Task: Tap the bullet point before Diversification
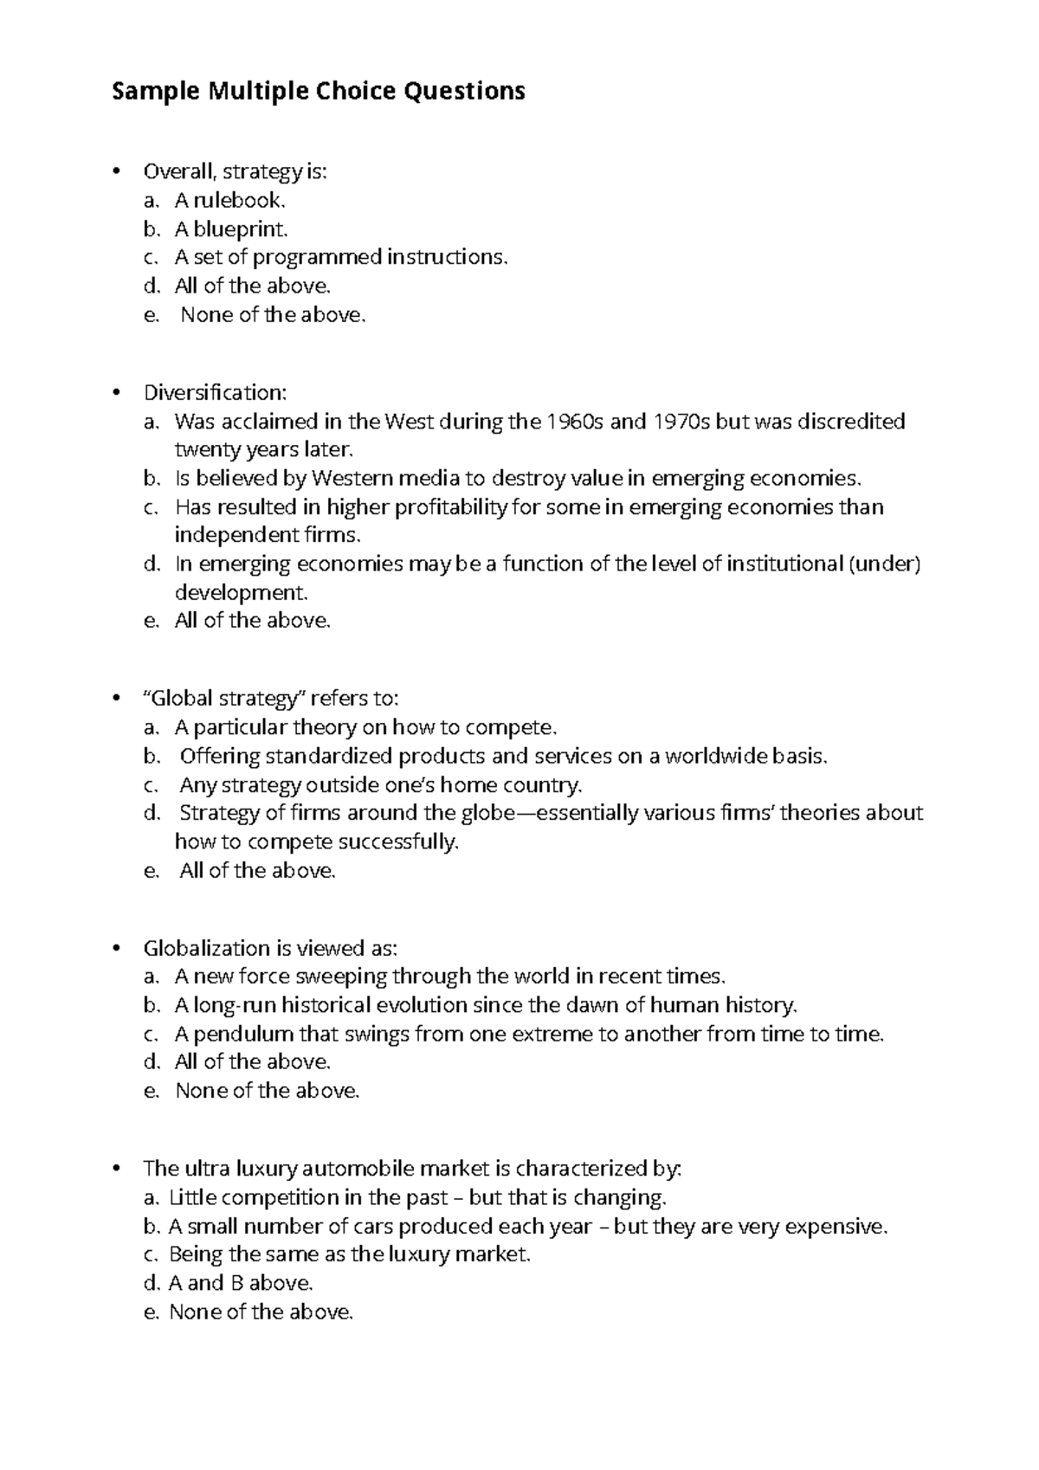(114, 393)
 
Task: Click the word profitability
(451, 506)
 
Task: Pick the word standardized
(329, 756)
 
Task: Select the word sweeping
(341, 977)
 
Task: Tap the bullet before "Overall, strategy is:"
(114, 171)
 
